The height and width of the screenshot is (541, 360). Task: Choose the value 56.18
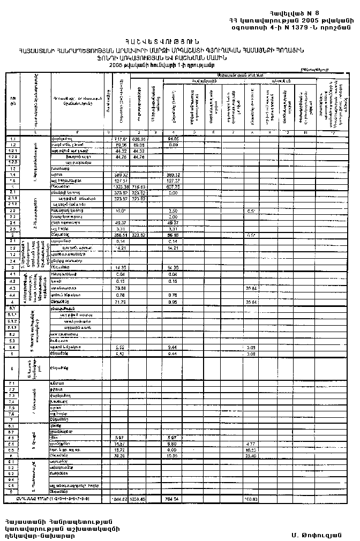pos(172,235)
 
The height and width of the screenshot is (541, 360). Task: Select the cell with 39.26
pos(121,456)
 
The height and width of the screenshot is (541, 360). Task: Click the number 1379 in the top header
pos(297,27)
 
